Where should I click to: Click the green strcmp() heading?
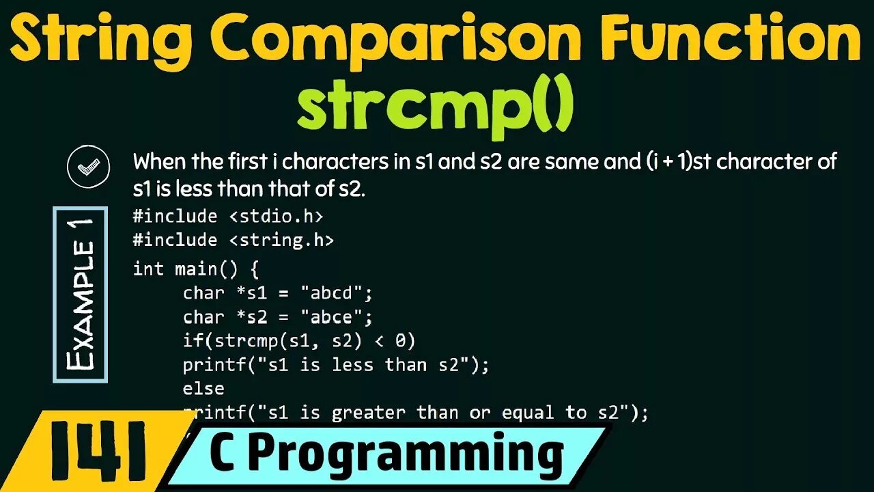[435, 107]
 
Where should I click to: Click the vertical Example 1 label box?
[80, 294]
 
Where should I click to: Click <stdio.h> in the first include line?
[276, 217]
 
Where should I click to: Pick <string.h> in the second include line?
[281, 240]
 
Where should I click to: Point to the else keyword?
[203, 388]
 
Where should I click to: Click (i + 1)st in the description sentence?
[677, 163]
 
